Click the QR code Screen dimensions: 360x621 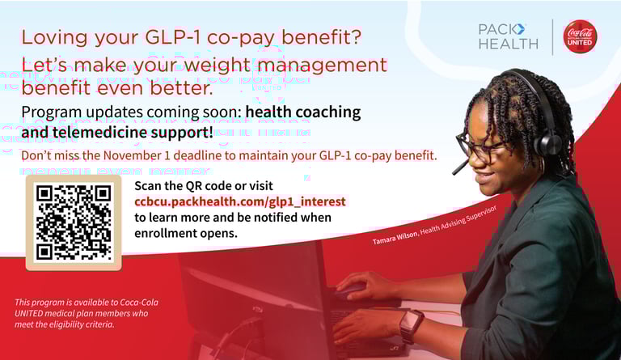pos(74,222)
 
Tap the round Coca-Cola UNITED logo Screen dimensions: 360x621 pos(580,36)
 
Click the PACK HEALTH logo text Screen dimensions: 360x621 pos(508,36)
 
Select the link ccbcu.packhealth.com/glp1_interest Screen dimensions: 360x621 pos(239,201)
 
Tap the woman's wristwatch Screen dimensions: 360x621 pos(411,325)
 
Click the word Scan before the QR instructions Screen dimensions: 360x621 pos(150,185)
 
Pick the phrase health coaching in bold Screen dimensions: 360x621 pos(303,112)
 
